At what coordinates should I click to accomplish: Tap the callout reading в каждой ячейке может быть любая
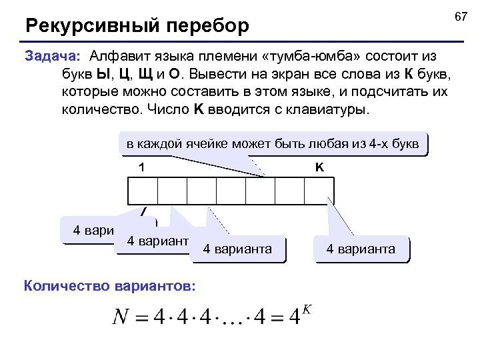[273, 143]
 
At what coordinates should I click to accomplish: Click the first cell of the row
[142, 191]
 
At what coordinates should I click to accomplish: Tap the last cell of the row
[319, 191]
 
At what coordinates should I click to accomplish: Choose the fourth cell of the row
[231, 191]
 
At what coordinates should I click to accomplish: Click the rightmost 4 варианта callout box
[361, 249]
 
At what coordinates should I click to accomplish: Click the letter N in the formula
[122, 317]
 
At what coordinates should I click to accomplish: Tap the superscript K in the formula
[307, 309]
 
